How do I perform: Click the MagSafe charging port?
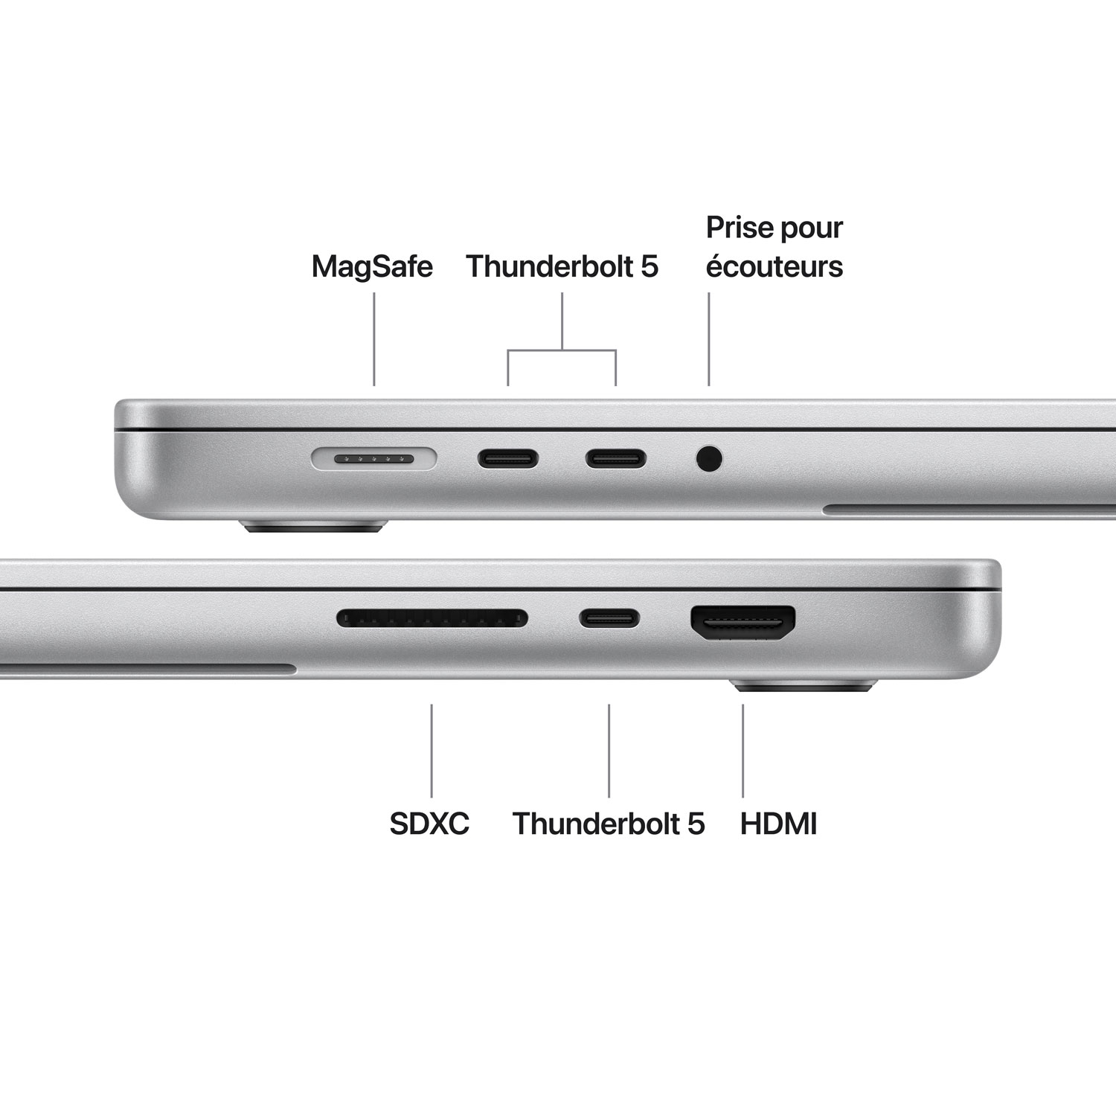coord(373,459)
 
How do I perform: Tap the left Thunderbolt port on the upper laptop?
coord(508,458)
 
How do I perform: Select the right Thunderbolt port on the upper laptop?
coord(615,458)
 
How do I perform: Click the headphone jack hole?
coord(709,458)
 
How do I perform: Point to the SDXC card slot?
coord(432,618)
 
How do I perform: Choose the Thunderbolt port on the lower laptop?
coord(609,618)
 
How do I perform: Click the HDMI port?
coord(743,621)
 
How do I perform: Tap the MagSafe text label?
coord(372,266)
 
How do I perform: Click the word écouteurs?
coord(774,266)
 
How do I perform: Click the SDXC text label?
coord(429,824)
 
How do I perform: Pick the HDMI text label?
coord(778,824)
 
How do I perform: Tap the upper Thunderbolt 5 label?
coord(562,266)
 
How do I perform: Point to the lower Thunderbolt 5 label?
coord(608,824)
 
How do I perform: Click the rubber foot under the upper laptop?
coord(312,527)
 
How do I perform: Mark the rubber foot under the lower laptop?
coord(806,685)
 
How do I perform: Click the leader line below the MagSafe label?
coord(373,339)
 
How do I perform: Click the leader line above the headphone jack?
coord(709,339)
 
